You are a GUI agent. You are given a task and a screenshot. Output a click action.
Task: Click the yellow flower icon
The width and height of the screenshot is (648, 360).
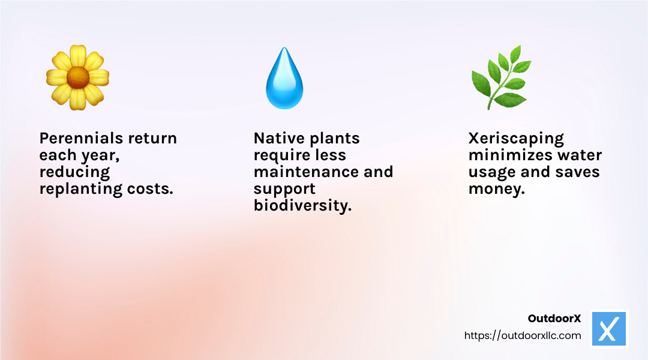[77, 77]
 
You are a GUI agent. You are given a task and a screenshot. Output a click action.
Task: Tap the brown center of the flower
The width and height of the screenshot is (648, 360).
[77, 77]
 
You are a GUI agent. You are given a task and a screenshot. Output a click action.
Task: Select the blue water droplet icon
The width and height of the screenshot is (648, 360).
[284, 79]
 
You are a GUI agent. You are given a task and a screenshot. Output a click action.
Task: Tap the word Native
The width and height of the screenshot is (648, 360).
[278, 138]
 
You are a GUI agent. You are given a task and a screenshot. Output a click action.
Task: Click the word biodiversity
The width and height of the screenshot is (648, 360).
[302, 206]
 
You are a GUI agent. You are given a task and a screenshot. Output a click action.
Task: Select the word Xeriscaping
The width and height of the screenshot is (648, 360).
[516, 138]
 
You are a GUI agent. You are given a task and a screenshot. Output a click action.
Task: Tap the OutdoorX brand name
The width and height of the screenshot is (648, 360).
[554, 319]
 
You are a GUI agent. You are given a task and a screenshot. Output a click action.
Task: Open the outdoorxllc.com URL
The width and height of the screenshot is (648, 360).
[523, 335]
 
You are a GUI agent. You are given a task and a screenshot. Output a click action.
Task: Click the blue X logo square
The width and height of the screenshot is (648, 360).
[609, 329]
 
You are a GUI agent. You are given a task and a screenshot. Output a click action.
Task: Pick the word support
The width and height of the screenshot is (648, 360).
[284, 189]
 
